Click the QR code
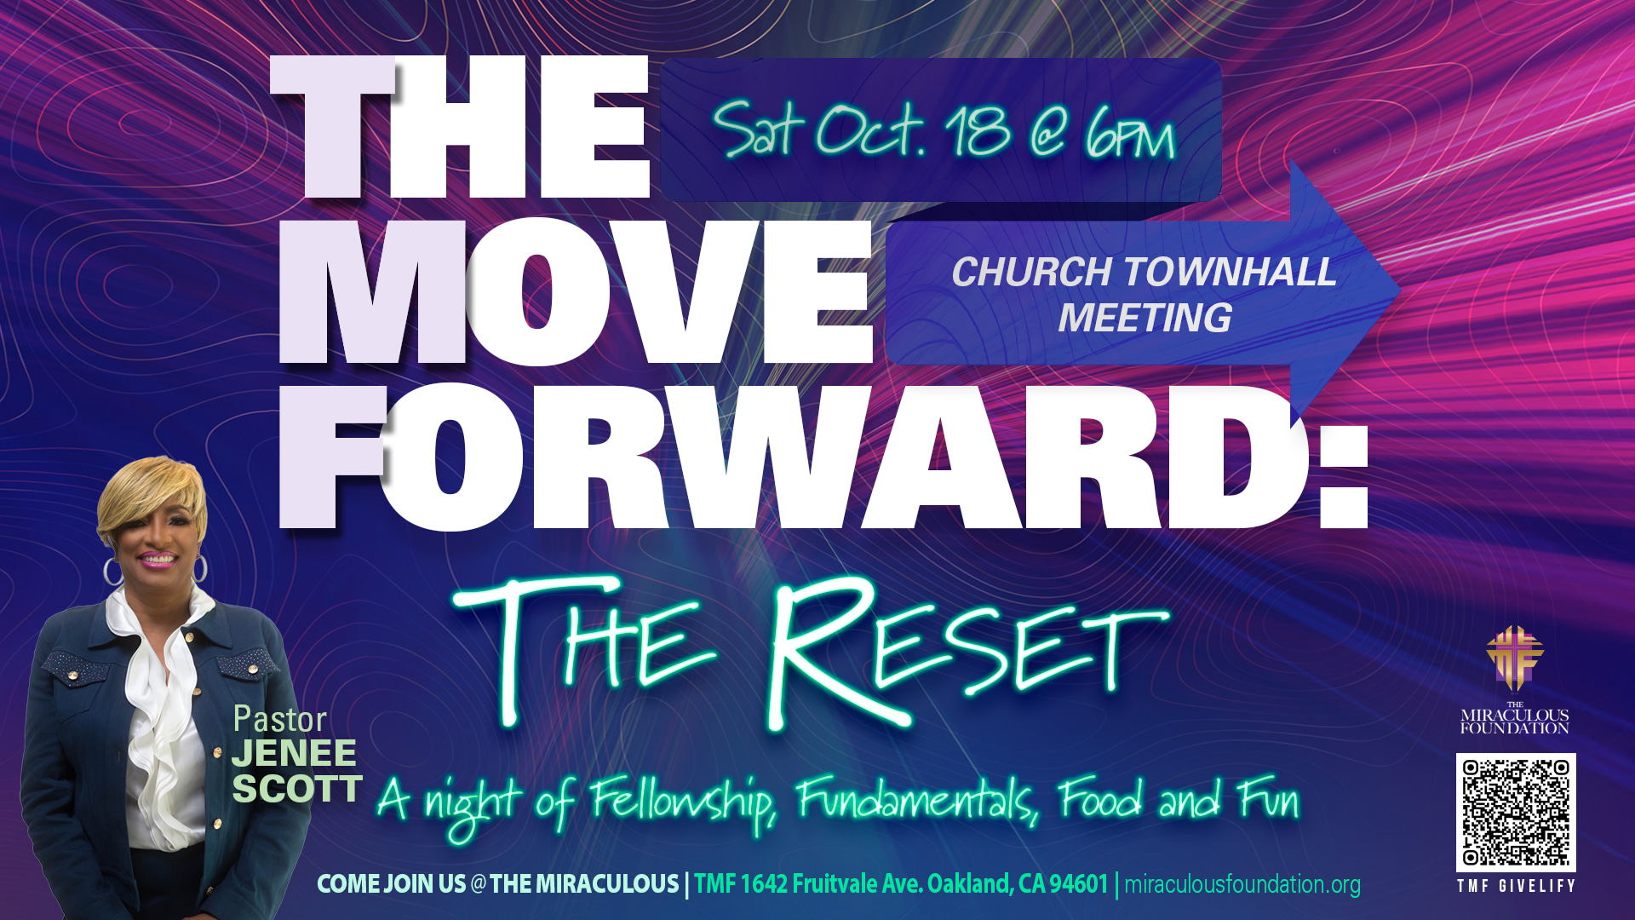click(x=1516, y=812)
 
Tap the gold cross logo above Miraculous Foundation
click(x=1515, y=658)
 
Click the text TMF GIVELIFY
click(x=1516, y=886)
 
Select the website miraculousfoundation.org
click(x=1242, y=884)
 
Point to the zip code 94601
click(x=1079, y=883)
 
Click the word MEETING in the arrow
click(x=1144, y=318)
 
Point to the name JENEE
click(x=294, y=753)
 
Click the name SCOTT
click(x=297, y=789)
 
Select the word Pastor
click(x=280, y=720)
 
